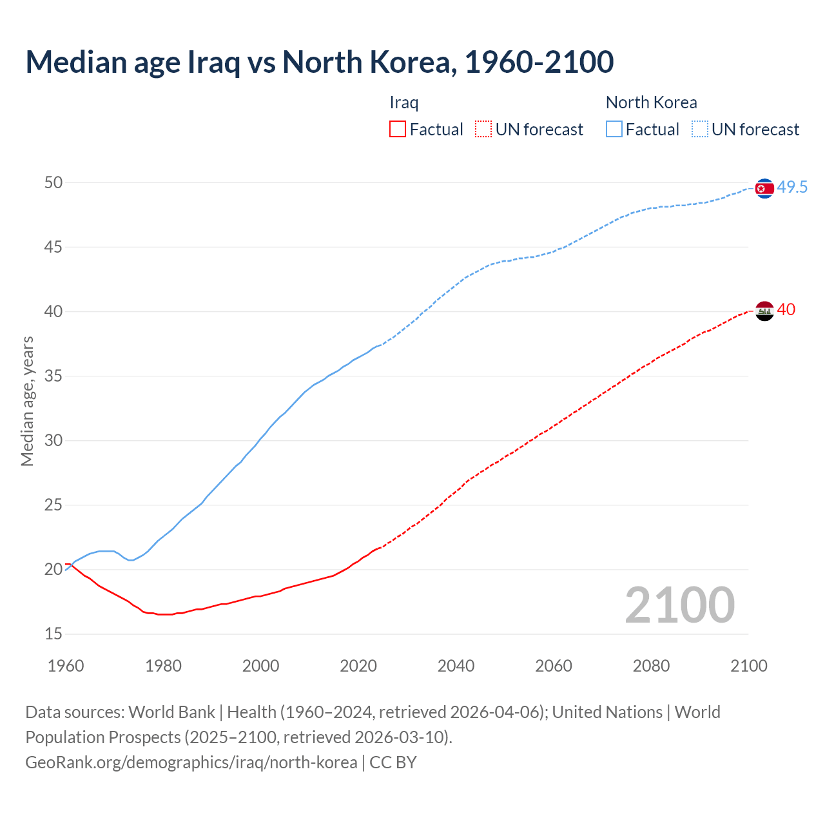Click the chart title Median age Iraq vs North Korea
coord(319,62)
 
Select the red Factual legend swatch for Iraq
coord(398,130)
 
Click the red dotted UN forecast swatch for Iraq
coord(483,130)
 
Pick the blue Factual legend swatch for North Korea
coord(614,130)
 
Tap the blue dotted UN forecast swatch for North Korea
coord(700,130)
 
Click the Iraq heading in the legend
coord(404,102)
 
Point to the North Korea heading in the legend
coord(651,102)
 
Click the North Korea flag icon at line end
coord(764,188)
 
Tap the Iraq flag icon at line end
coord(764,311)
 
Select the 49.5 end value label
coord(792,188)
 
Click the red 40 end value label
coord(786,310)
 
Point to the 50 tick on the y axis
coord(53,183)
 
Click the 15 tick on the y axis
coord(53,634)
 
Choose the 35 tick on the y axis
coord(53,376)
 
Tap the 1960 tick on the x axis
coord(66,666)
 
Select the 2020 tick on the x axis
coord(358,666)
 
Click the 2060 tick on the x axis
coord(554,666)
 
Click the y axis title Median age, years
coord(27,401)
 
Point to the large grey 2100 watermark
coord(680,605)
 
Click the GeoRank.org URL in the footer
coord(191,762)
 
